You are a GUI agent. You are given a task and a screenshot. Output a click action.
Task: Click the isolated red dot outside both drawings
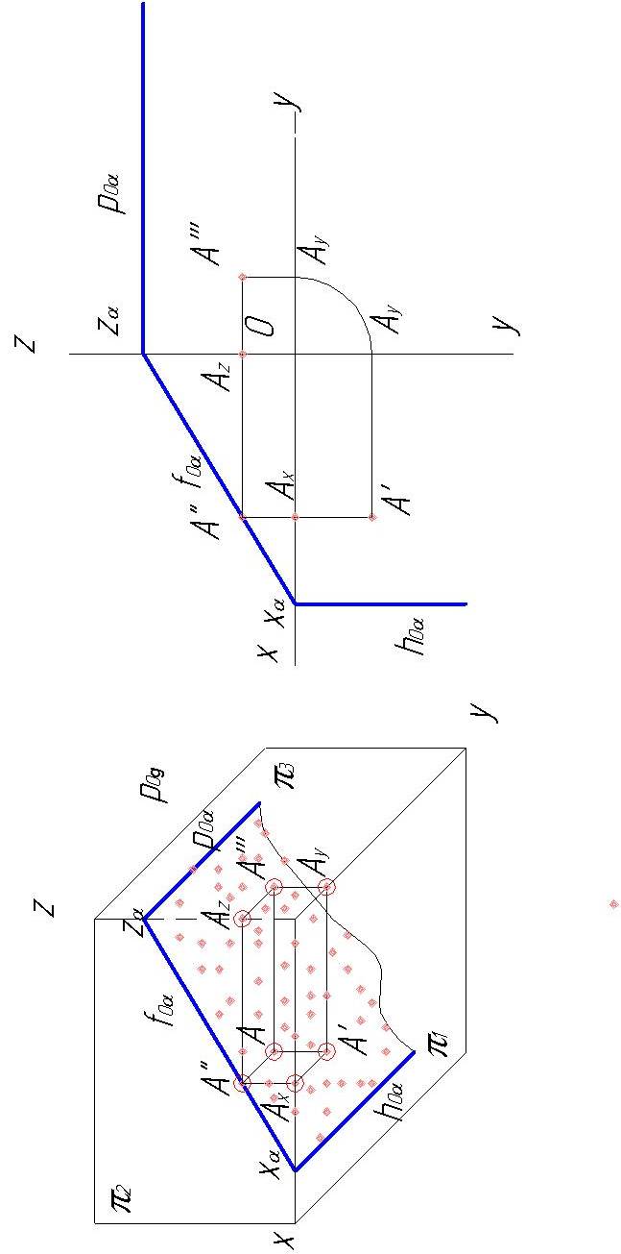(x=614, y=903)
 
